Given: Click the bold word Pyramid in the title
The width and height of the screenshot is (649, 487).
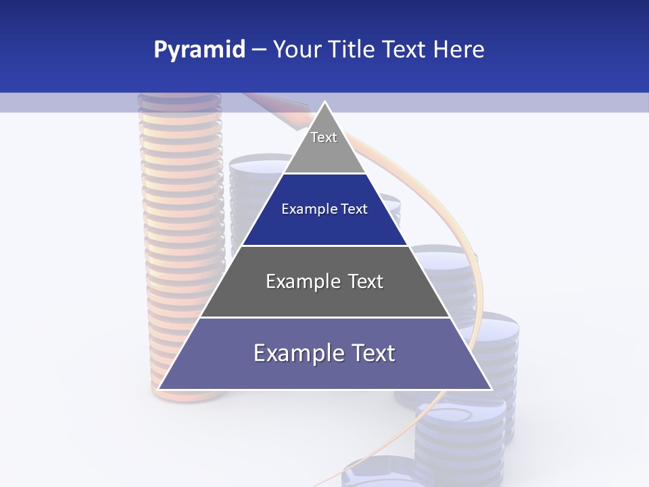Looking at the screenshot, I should point(199,50).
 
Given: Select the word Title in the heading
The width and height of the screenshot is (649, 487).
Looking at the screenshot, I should point(353,50).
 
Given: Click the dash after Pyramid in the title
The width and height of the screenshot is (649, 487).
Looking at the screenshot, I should point(259,50).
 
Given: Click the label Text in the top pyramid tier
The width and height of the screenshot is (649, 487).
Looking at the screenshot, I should point(324,137).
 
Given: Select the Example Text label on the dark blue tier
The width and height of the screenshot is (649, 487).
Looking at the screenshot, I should point(324,209).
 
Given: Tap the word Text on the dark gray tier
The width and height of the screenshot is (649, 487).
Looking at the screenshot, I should point(366,281).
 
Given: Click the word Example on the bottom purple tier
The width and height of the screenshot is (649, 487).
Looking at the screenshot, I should point(297,353).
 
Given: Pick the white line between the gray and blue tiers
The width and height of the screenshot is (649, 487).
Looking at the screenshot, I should point(324,174).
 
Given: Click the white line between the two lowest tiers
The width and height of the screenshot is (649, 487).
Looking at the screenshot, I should point(324,317).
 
